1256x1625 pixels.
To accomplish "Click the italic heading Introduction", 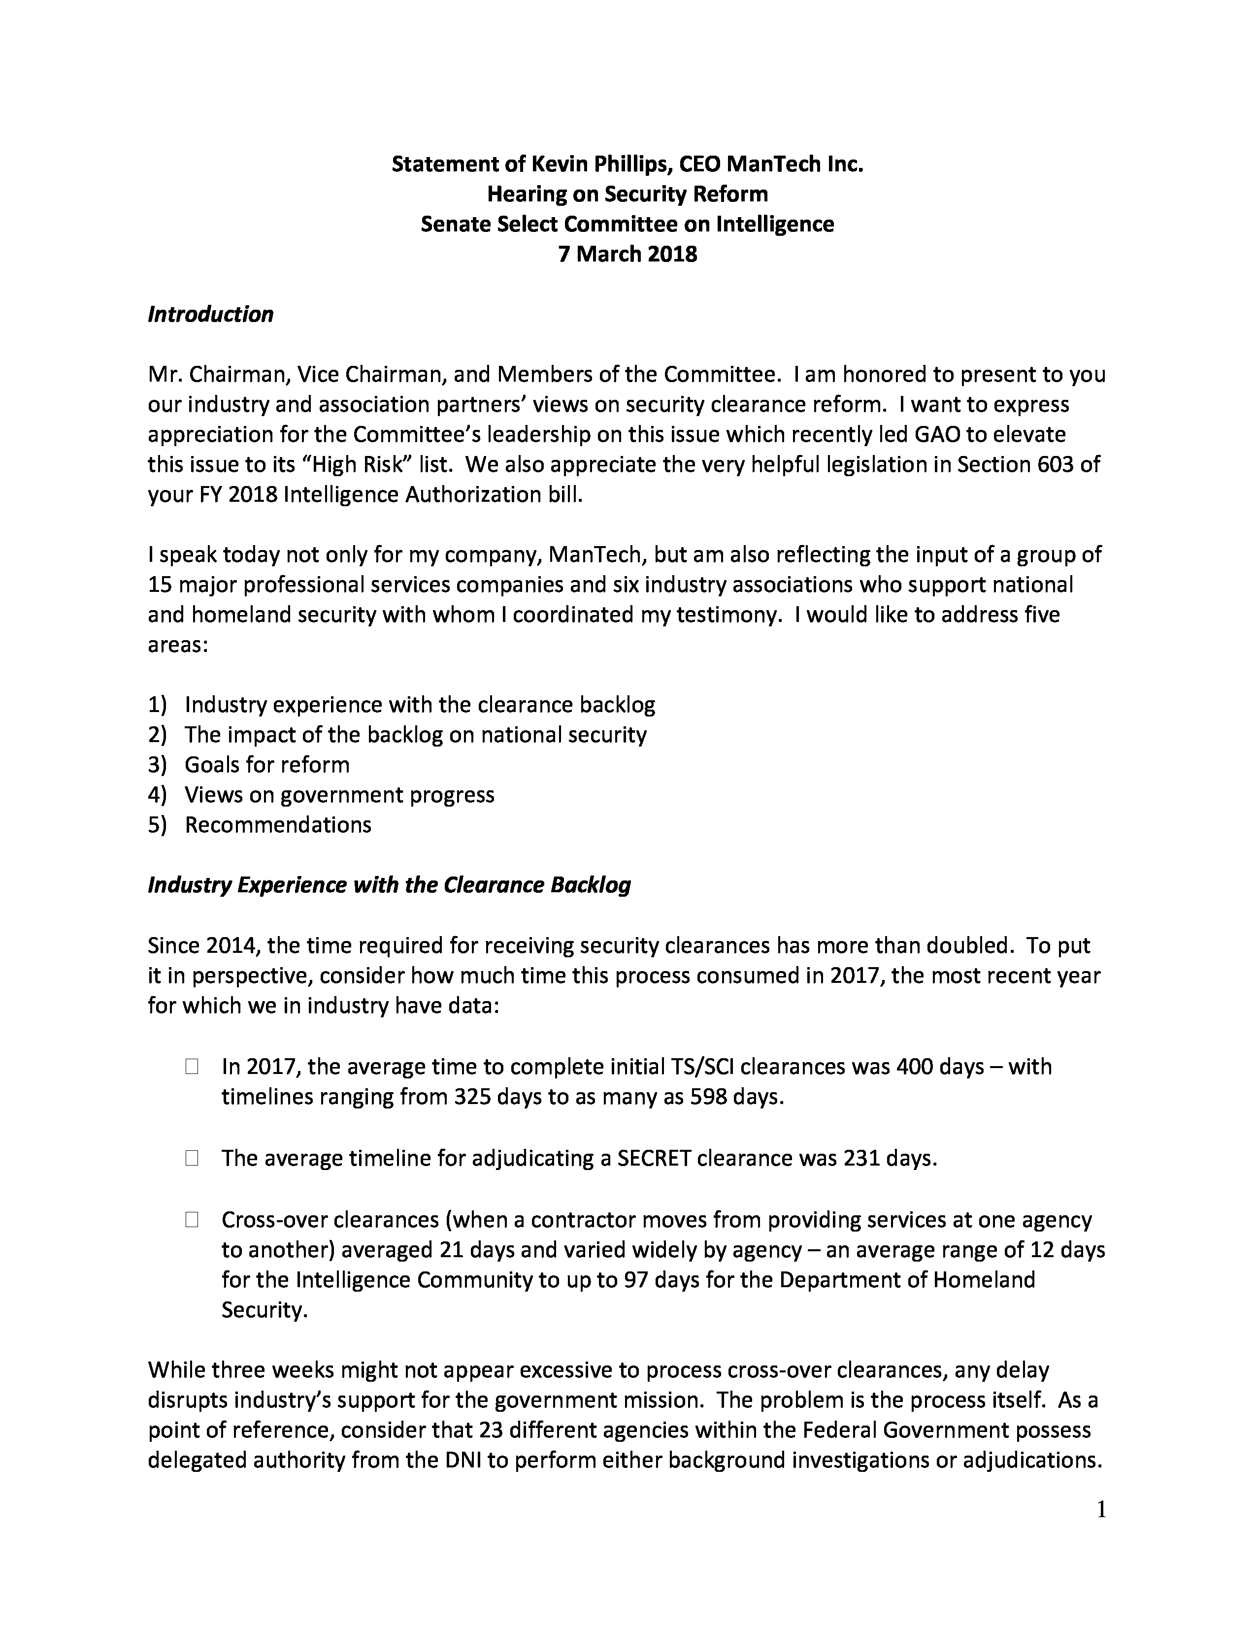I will pyautogui.click(x=211, y=315).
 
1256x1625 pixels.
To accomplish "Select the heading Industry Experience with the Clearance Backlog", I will pyautogui.click(x=389, y=885).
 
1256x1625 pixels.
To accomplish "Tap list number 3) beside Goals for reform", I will pyautogui.click(x=157, y=766).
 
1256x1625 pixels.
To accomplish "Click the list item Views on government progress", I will pyautogui.click(x=339, y=795).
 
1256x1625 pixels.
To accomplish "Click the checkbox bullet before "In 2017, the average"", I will pyautogui.click(x=192, y=1068).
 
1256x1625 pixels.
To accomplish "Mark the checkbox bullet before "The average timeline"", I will pyautogui.click(x=192, y=1159).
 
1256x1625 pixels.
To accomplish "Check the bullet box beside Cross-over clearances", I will pyautogui.click(x=192, y=1220).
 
